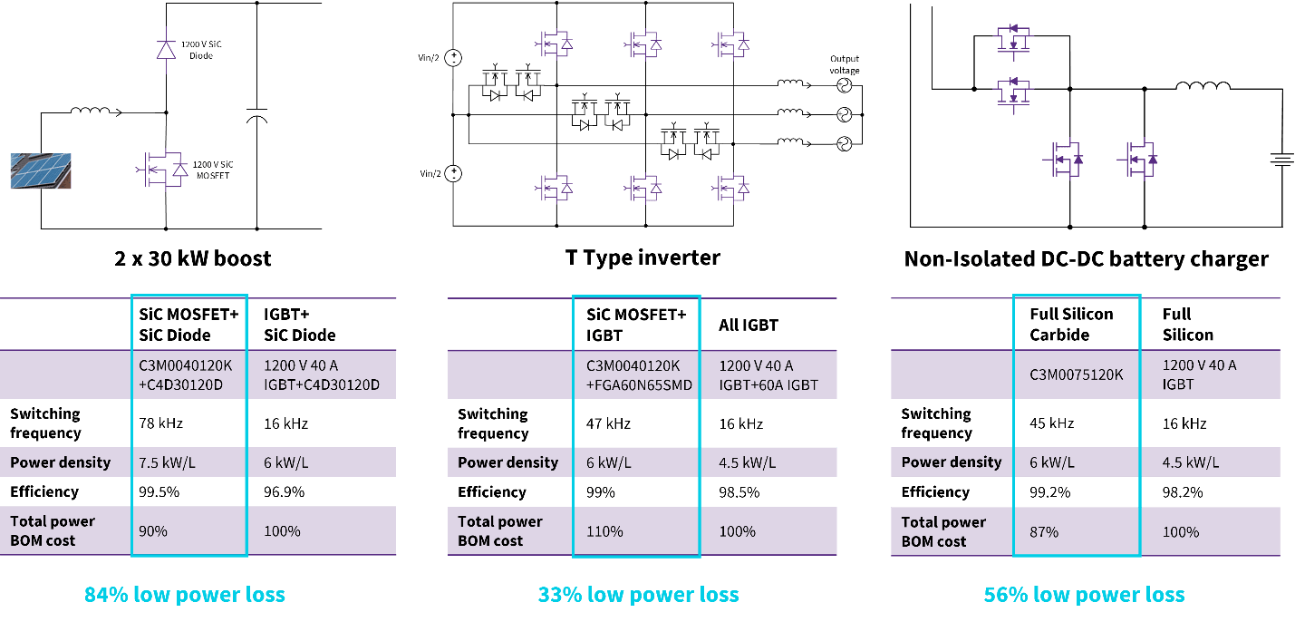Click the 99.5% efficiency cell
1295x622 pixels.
pos(158,491)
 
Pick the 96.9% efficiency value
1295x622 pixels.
pos(285,491)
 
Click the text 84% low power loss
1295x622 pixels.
pos(185,595)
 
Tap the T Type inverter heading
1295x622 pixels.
pos(643,258)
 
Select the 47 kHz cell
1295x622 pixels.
pos(609,423)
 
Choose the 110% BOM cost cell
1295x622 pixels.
pos(604,531)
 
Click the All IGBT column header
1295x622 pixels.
pos(749,325)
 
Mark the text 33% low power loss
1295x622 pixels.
pos(638,595)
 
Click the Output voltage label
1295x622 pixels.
pos(844,64)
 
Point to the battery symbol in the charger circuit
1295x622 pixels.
pos(1281,160)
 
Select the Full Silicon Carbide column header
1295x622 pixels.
pos(1071,324)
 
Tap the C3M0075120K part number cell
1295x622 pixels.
pos(1077,374)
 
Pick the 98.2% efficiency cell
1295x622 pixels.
pos(1183,491)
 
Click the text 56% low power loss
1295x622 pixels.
pos(1084,595)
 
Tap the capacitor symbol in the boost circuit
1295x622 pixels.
pos(257,116)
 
